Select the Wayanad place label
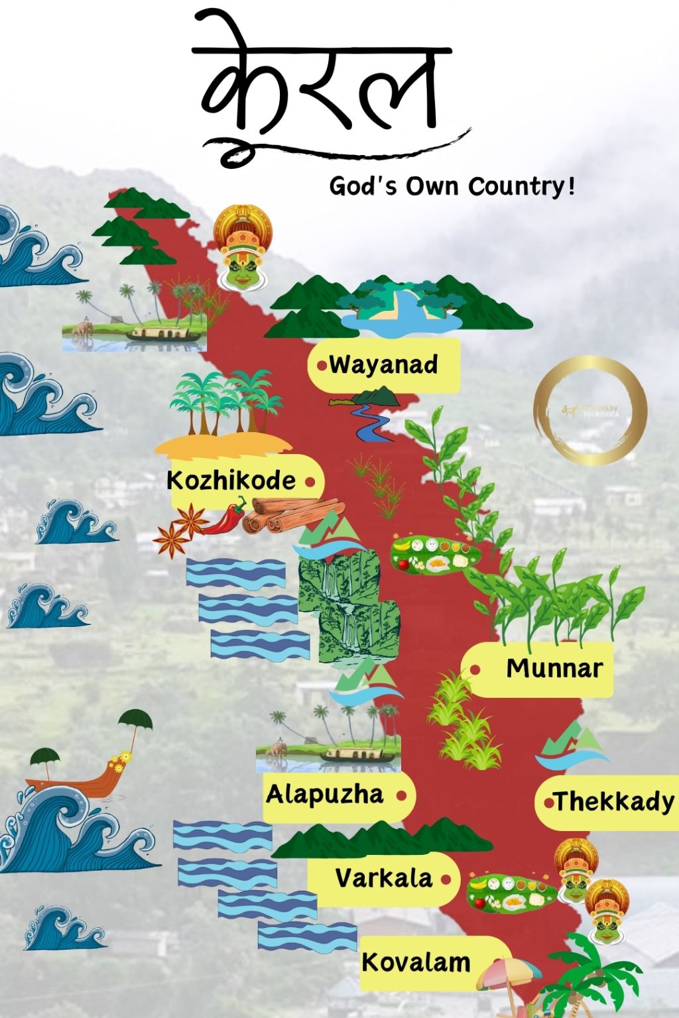pos(383,365)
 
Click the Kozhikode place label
pos(231,480)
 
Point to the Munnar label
pos(554,668)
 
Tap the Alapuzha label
pos(325,794)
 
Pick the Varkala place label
pos(384,879)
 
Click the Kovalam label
pos(416,962)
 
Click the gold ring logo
pos(589,410)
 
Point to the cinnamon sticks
pos(292,514)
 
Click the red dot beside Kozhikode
pos(310,482)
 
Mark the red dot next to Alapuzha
pos(401,795)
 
